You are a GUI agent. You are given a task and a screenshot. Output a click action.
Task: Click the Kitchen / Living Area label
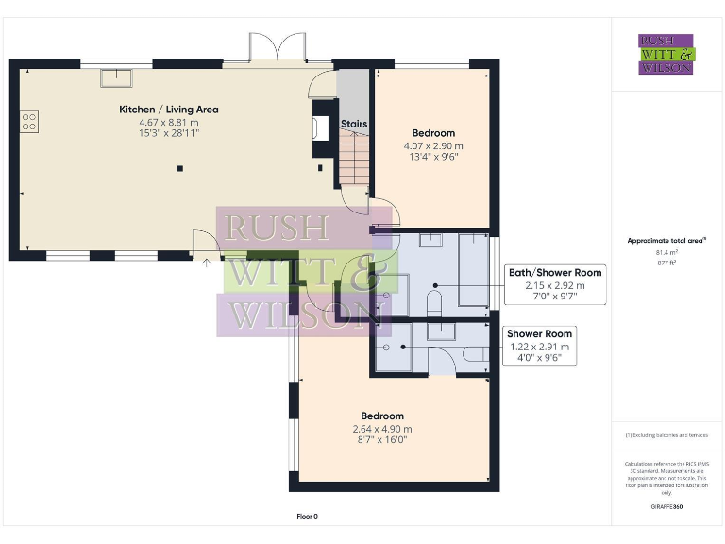168,110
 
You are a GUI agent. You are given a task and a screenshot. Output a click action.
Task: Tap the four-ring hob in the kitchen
29,121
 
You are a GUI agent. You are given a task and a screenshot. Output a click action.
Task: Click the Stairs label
353,124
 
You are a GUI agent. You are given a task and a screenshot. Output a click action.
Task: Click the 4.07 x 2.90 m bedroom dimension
433,146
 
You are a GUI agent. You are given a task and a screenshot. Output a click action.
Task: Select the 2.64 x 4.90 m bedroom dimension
381,429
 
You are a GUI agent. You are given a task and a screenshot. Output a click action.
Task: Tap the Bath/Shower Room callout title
554,273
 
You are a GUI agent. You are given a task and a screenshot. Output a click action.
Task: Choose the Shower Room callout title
539,334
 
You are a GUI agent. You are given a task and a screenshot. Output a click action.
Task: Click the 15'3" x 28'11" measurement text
168,134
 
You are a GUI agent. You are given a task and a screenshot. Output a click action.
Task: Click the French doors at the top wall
278,47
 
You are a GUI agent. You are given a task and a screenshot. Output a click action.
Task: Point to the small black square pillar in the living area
179,169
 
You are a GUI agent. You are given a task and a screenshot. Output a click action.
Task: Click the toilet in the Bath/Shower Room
435,304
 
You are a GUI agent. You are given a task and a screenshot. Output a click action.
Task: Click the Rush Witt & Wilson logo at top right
666,54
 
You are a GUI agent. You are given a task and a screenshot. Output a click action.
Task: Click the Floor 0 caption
307,516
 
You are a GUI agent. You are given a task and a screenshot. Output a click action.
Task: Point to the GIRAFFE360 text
666,507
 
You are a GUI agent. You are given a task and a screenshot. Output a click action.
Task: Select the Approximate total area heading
666,241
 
